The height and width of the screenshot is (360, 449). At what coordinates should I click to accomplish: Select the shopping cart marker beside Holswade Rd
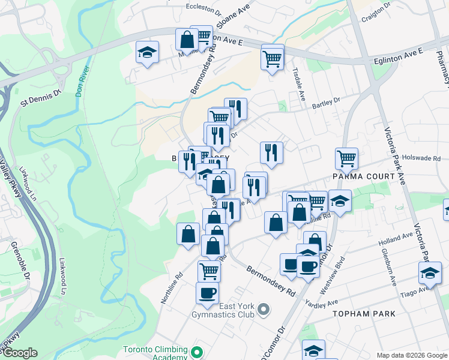tap(347, 158)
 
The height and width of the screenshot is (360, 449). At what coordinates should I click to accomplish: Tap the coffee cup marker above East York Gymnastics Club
tap(207, 292)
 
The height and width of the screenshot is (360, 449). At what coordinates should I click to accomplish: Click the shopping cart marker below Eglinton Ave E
tap(272, 59)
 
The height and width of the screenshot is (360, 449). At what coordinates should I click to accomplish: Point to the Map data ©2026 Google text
tap(412, 355)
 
